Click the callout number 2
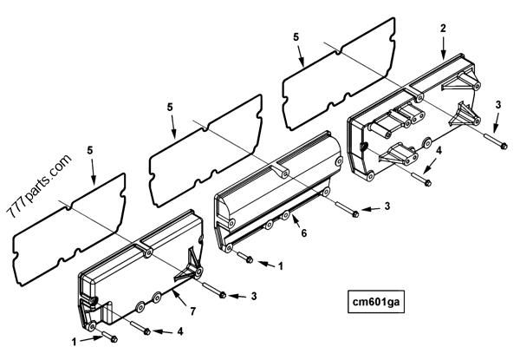click(443, 29)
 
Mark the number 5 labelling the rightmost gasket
click(296, 38)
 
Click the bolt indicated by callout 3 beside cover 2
click(495, 141)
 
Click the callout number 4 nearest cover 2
click(439, 150)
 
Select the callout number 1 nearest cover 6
click(281, 266)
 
